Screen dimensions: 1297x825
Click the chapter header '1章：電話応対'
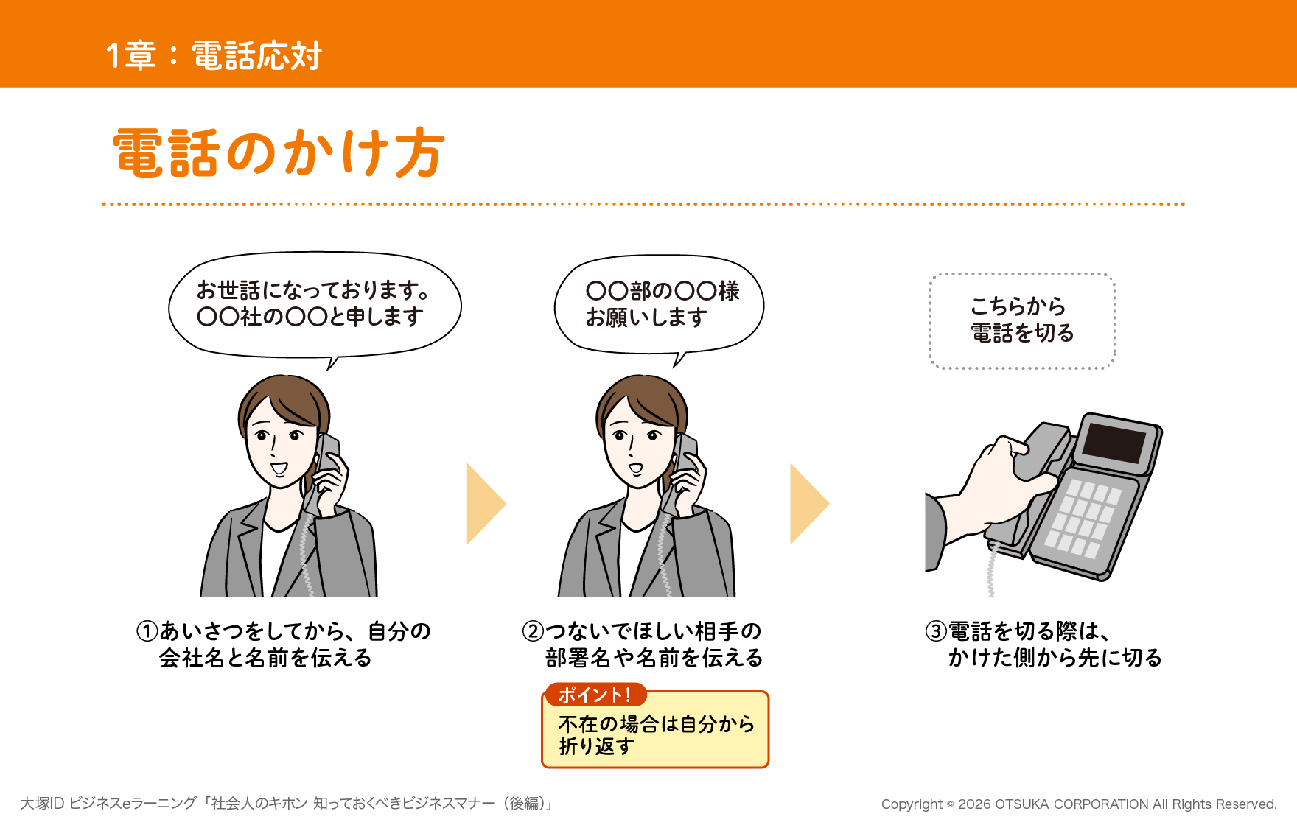(x=214, y=55)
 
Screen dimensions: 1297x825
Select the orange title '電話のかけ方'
(x=279, y=152)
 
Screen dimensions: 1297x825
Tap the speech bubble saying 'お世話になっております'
(x=315, y=305)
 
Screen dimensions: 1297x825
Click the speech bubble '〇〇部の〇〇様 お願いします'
(x=659, y=306)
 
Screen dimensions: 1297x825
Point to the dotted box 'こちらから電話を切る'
(x=1022, y=320)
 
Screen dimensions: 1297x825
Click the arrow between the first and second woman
(x=486, y=504)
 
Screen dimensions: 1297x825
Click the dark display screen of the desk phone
(x=1116, y=443)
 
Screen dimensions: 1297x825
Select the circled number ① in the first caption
(x=147, y=631)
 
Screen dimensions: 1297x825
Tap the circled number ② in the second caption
(x=533, y=631)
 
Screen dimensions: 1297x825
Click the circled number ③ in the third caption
(x=936, y=631)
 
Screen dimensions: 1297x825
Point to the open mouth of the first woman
(x=279, y=468)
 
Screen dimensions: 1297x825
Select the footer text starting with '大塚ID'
(x=287, y=803)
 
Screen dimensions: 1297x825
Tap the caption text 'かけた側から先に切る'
(x=1055, y=658)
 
